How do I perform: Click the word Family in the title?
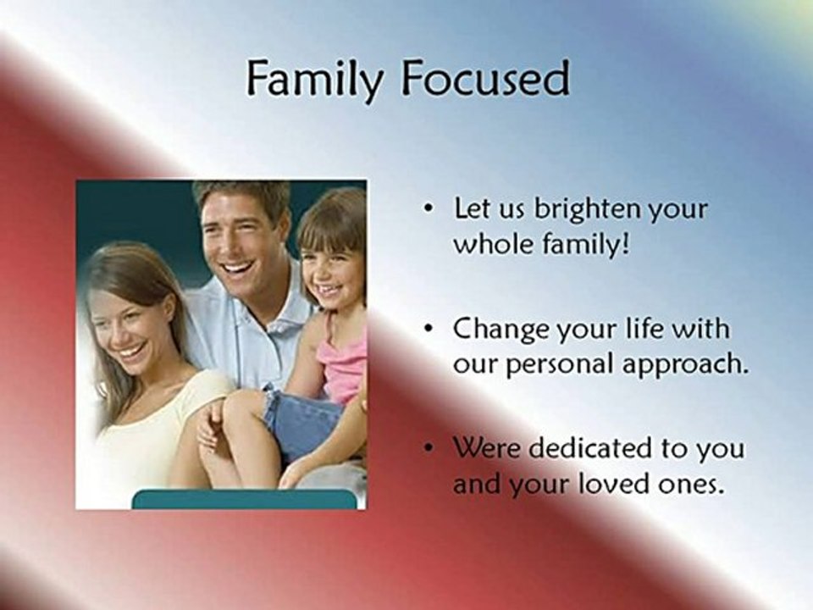coord(316,80)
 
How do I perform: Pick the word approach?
coord(685,365)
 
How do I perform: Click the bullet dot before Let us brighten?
coord(428,209)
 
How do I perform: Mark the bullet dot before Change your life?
coord(428,330)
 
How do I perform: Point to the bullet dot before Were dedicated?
coord(428,448)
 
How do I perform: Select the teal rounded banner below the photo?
coord(245,499)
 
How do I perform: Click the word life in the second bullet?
coord(648,329)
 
